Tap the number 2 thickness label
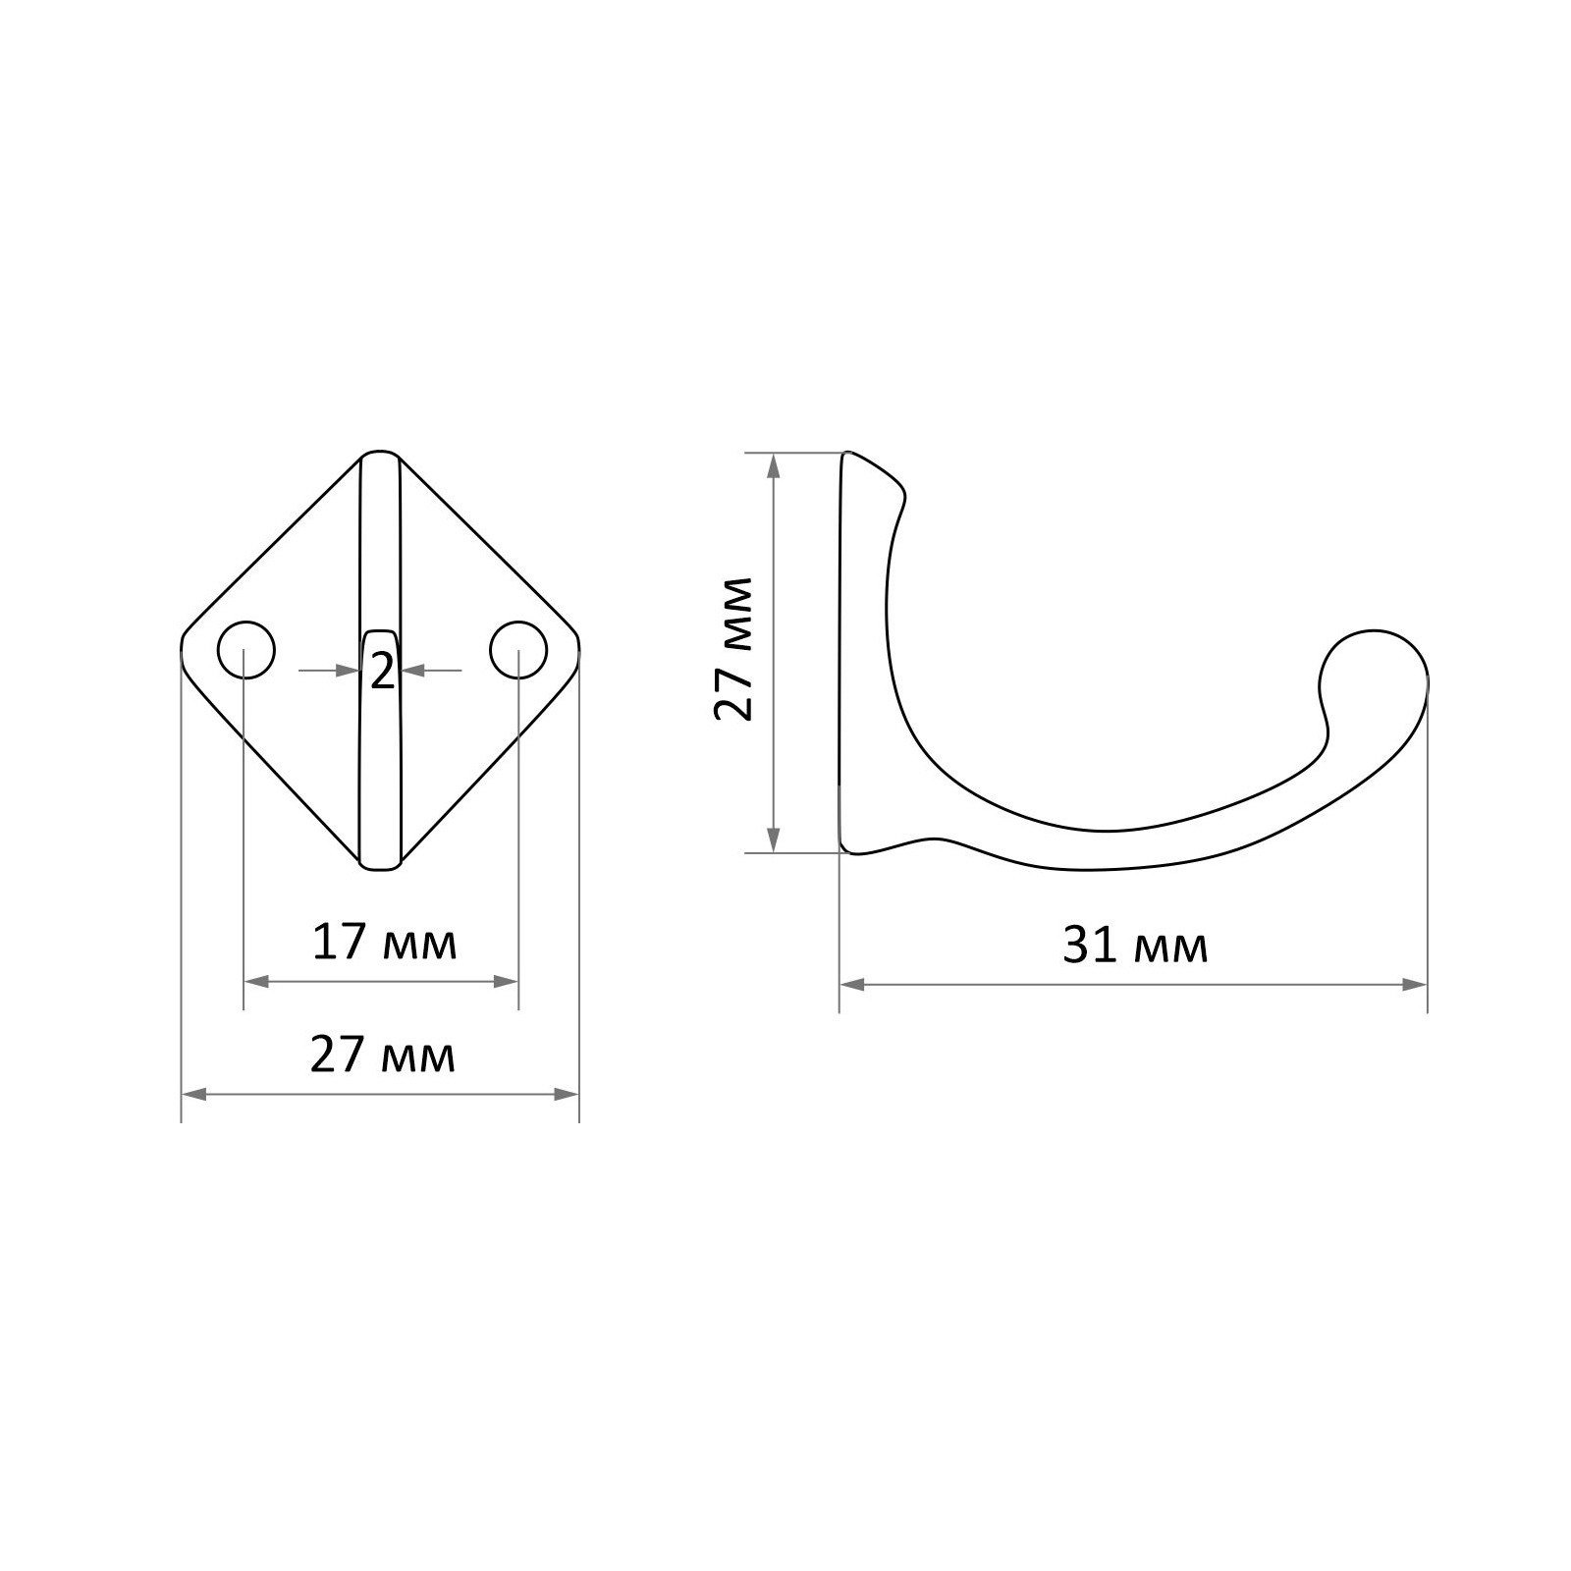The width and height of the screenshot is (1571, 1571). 382,672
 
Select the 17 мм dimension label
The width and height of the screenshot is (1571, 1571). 384,944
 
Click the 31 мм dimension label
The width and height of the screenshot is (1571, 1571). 1135,947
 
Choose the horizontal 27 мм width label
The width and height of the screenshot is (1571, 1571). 383,1056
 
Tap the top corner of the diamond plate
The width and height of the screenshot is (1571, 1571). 381,454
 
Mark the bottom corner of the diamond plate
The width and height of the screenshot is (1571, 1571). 381,868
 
